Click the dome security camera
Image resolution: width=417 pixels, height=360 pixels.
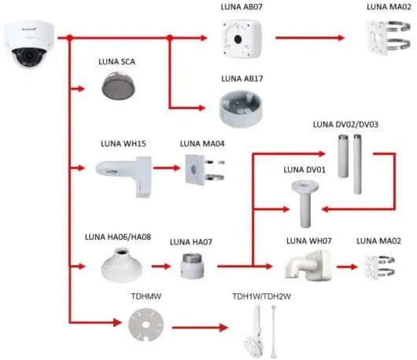tap(29, 44)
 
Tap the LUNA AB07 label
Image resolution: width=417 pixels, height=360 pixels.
tap(242, 7)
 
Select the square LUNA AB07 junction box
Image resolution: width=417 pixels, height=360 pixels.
tap(242, 39)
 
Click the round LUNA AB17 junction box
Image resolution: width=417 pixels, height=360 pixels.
tap(241, 108)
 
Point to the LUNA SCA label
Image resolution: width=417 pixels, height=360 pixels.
tap(116, 61)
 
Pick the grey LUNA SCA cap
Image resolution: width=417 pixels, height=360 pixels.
tap(118, 86)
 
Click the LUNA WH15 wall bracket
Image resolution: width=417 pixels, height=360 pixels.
tap(124, 176)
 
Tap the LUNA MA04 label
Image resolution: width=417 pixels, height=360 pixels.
tap(202, 144)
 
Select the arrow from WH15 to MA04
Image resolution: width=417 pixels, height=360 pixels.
tap(167, 168)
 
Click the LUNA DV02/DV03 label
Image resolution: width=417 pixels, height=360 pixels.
tap(345, 124)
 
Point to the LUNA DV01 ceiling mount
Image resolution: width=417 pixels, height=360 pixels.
tap(304, 204)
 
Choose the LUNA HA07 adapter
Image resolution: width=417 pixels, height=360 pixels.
tap(192, 266)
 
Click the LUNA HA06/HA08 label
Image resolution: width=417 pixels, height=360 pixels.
tap(118, 237)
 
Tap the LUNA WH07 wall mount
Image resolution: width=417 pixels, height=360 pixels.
tap(308, 266)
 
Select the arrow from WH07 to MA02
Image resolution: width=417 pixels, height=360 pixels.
tap(347, 266)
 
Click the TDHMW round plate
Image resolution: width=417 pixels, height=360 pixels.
tap(146, 325)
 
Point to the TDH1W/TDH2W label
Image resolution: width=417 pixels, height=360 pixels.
tap(261, 296)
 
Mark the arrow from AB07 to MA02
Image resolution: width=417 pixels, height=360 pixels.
tap(310, 38)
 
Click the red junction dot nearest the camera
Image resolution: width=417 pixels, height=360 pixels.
tap(70, 38)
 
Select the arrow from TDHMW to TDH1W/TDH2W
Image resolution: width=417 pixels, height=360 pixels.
tap(200, 328)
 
